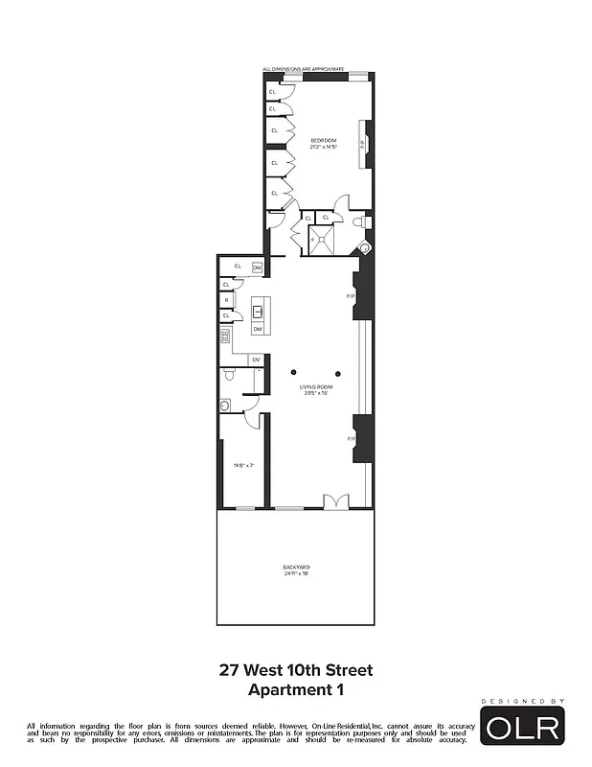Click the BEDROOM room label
(323, 141)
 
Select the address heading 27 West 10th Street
(295, 671)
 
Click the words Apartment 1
(295, 689)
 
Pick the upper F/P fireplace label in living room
(350, 296)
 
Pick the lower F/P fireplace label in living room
(350, 438)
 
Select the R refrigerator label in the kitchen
(226, 300)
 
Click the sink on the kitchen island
(257, 312)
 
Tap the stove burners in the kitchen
(226, 336)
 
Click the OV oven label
(255, 360)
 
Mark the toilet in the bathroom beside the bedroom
(356, 222)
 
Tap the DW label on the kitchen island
(257, 330)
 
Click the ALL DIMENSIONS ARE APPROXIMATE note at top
(303, 69)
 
